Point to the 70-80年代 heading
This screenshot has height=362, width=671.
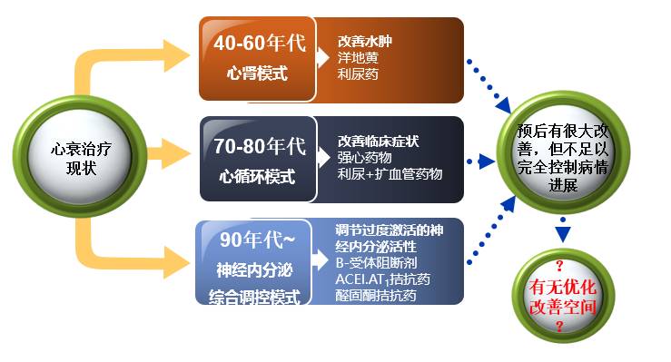tap(257, 143)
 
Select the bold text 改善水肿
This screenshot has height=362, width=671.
tap(364, 41)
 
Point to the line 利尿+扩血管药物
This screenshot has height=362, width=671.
tap(389, 173)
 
